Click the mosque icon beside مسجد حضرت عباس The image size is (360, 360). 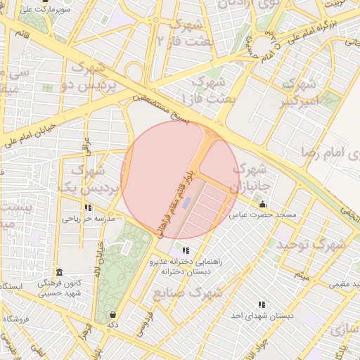[x=263, y=205]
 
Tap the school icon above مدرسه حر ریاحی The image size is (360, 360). [x=88, y=208]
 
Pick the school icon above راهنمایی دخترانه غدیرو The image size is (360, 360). [x=186, y=250]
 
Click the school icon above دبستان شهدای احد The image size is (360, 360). [x=262, y=305]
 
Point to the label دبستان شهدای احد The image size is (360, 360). [x=262, y=316]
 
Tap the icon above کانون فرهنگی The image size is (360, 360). [x=58, y=272]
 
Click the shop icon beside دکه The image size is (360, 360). [x=113, y=314]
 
